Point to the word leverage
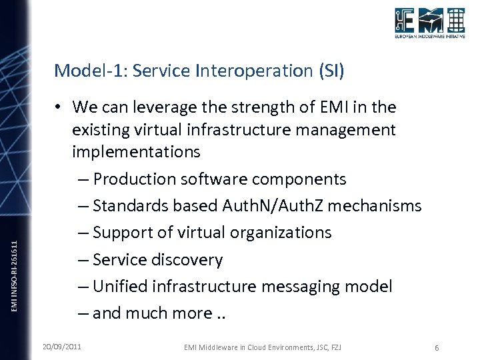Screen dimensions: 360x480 coord(163,107)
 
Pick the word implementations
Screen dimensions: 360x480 coord(136,152)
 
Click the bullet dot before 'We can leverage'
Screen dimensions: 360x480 coord(59,107)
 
